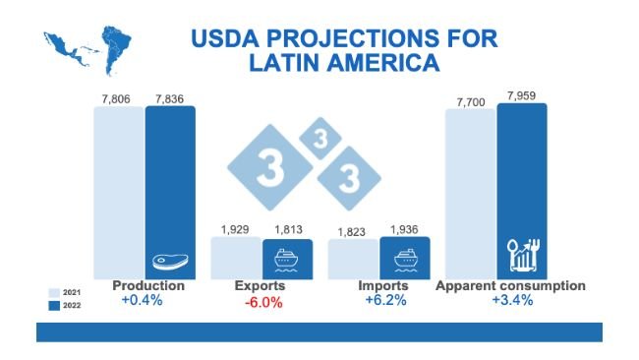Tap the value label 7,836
pyautogui.click(x=170, y=95)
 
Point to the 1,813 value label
pyautogui.click(x=287, y=229)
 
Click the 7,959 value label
pyautogui.click(x=522, y=94)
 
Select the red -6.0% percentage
pyautogui.click(x=262, y=302)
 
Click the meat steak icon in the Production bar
pyautogui.click(x=170, y=263)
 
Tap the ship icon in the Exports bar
pyautogui.click(x=287, y=260)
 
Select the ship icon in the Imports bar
pyautogui.click(x=404, y=260)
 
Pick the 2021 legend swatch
pyautogui.click(x=54, y=292)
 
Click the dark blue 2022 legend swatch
pyautogui.click(x=54, y=305)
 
